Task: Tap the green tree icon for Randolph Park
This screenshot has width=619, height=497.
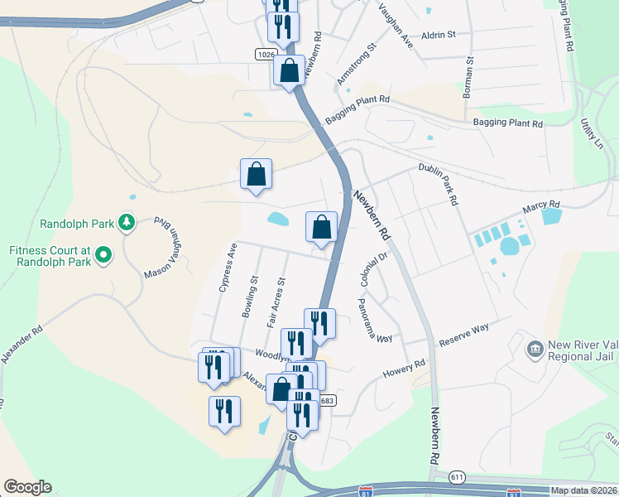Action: click(126, 222)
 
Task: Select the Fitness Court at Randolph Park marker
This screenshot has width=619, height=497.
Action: click(103, 255)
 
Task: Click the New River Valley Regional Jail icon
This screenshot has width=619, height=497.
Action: click(535, 349)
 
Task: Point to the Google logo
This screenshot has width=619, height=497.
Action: click(27, 487)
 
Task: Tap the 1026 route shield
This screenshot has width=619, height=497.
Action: click(265, 54)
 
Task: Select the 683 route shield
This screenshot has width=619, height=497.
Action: click(327, 401)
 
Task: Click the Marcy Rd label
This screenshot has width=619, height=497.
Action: click(542, 205)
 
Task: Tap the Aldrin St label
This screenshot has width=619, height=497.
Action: click(439, 35)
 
